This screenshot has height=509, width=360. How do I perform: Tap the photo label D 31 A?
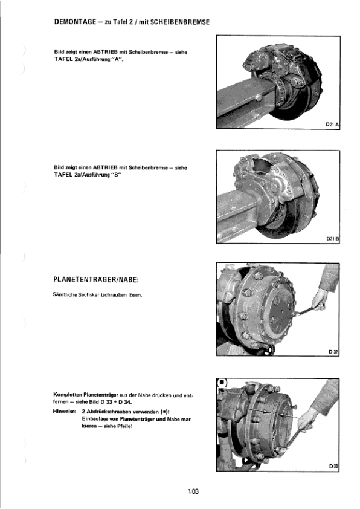(332, 124)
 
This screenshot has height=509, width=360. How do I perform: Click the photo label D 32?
(333, 351)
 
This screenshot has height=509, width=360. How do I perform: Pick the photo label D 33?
(333, 466)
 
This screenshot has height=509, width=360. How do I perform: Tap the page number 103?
(193, 492)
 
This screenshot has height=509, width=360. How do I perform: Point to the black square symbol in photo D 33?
(222, 383)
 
